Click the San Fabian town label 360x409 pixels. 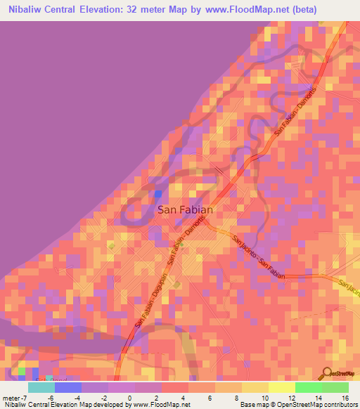point(184,209)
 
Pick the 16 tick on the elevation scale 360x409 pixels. point(345,397)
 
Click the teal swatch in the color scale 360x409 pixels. point(41,387)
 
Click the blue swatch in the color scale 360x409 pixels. point(68,387)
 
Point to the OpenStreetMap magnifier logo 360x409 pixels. point(328,372)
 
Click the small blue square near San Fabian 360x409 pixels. point(157,194)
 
